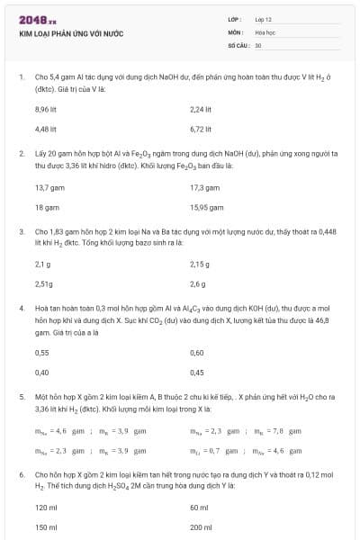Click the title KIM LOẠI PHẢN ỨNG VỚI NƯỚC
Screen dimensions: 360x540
(71, 33)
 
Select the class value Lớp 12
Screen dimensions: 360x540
(264, 18)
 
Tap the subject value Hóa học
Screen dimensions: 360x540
(264, 31)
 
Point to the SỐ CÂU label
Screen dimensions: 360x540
(237, 44)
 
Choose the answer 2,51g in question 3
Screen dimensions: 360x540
(44, 284)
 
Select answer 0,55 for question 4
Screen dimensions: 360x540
(41, 353)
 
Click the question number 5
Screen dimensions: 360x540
(22, 396)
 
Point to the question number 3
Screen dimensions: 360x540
(22, 231)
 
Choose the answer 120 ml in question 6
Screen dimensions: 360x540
(46, 508)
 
